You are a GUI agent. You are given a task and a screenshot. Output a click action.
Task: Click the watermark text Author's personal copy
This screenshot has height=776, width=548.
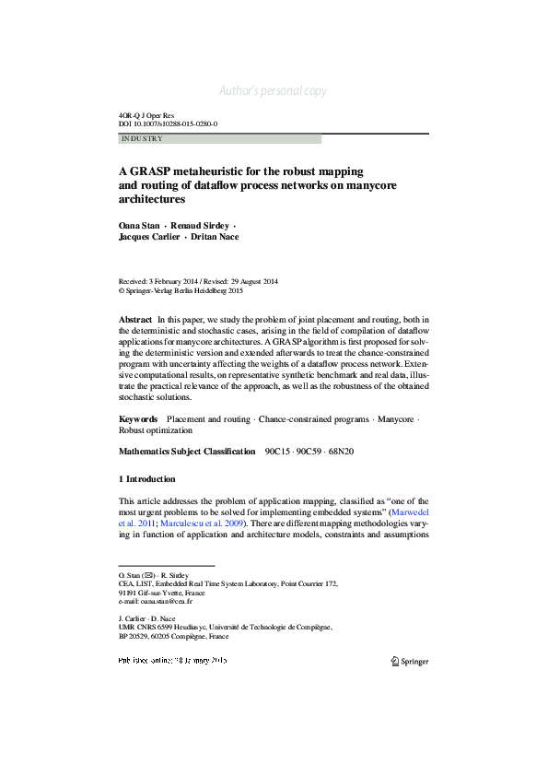coord(274,91)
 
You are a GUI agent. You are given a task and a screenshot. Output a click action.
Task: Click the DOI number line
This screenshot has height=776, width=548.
coord(169,123)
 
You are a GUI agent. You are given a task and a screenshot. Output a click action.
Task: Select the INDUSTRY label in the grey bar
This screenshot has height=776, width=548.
coord(142,139)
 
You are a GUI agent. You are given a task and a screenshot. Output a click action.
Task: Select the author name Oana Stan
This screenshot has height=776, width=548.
coord(138,225)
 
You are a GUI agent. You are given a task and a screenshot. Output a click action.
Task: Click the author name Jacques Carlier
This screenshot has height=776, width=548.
coord(148,237)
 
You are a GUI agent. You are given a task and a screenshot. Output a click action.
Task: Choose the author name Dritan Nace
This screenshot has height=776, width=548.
coord(215,237)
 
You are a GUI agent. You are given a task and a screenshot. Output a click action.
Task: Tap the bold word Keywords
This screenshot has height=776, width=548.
coord(138,419)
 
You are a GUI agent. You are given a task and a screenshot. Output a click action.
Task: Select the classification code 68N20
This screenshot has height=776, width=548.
coord(341,452)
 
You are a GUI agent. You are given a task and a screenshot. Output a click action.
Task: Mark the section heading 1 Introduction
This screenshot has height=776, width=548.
coord(147,479)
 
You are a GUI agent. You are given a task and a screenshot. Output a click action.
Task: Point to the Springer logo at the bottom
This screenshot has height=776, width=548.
coord(410,661)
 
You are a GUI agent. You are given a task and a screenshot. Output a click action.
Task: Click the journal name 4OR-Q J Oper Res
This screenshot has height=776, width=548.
coord(146,115)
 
